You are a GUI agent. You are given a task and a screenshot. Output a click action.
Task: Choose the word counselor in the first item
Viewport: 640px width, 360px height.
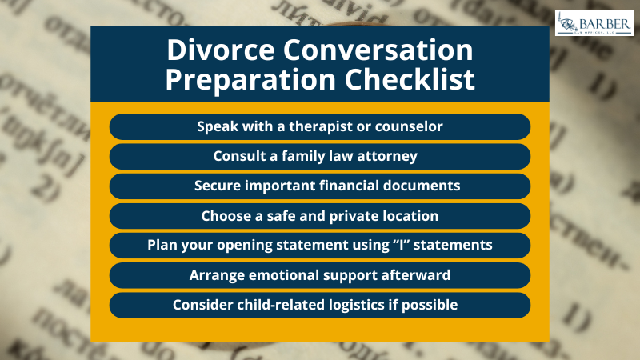click(x=403, y=126)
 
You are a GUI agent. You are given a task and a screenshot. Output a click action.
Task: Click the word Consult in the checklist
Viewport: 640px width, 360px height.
click(x=238, y=156)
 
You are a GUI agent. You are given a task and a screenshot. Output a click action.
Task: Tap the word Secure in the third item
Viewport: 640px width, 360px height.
click(x=218, y=186)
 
